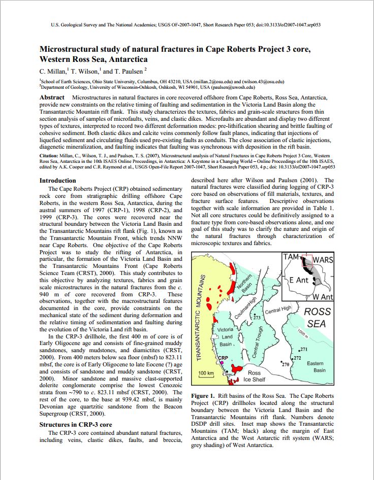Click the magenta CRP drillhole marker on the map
pyautogui.click(x=222, y=363)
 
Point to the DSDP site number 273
pyautogui.click(x=257, y=318)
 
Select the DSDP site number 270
pyautogui.click(x=285, y=364)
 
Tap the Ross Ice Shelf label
pyautogui.click(x=254, y=376)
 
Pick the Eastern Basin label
pyautogui.click(x=316, y=367)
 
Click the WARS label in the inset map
pyautogui.click(x=323, y=260)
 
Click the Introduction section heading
pyautogui.click(x=58, y=181)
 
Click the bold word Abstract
pyautogui.click(x=52, y=97)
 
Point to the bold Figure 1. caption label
pyautogui.click(x=205, y=396)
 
